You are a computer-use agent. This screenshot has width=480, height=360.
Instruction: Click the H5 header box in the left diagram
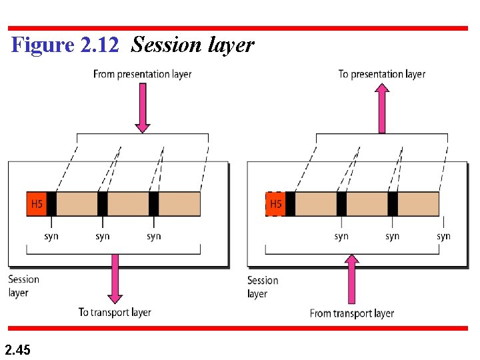[37, 204]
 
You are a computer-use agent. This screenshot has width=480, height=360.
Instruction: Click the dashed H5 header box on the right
[275, 204]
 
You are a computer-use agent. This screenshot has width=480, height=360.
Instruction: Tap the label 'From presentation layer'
[142, 74]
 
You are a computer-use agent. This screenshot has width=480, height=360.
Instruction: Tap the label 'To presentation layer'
[381, 74]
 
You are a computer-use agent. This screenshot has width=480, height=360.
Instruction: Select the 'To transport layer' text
[115, 312]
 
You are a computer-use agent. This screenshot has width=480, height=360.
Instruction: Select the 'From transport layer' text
[352, 313]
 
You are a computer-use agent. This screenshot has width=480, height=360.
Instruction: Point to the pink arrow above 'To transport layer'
[115, 278]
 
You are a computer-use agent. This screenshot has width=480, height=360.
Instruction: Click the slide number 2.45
[17, 349]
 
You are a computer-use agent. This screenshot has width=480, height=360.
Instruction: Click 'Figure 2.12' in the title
[65, 45]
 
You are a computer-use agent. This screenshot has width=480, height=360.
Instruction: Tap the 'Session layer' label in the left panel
[23, 286]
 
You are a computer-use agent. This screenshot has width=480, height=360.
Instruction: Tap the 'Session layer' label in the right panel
[262, 287]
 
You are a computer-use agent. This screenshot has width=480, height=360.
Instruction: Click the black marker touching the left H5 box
[51, 204]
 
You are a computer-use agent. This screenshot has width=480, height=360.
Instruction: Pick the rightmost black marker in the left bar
[153, 204]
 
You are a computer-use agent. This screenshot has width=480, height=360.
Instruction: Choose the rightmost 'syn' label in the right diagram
[443, 236]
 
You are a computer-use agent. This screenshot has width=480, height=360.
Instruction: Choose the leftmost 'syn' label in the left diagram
[51, 236]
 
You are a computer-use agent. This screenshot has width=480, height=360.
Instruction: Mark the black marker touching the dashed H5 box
[290, 204]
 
